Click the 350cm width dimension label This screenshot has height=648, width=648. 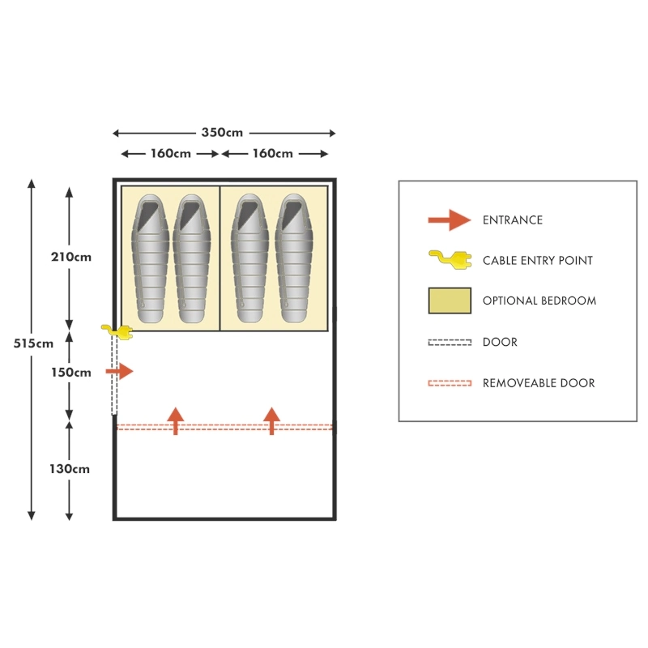pyautogui.click(x=223, y=133)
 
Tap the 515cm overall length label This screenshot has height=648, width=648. pyautogui.click(x=33, y=343)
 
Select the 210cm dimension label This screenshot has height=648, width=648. pyautogui.click(x=71, y=258)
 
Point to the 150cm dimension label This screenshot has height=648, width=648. pyautogui.click(x=71, y=373)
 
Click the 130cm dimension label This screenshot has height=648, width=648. pyautogui.click(x=71, y=468)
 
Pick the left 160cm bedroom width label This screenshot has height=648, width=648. pyautogui.click(x=171, y=154)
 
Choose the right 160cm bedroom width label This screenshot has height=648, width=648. pyautogui.click(x=272, y=154)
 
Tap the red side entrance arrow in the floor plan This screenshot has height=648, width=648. pyautogui.click(x=119, y=372)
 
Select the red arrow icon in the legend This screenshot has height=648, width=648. pyautogui.click(x=449, y=220)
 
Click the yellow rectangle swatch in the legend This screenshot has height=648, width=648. pyautogui.click(x=450, y=301)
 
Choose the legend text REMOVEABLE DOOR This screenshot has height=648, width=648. pyautogui.click(x=539, y=383)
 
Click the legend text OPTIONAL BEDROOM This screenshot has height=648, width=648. pyautogui.click(x=539, y=301)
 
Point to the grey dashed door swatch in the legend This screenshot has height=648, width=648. pyautogui.click(x=450, y=343)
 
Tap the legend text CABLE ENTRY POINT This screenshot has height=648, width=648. pyautogui.click(x=538, y=261)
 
